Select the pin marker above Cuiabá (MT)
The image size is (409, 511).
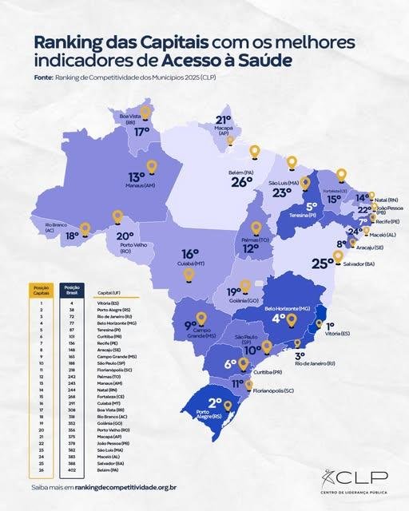click(189, 275)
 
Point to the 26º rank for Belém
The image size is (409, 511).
click(242, 182)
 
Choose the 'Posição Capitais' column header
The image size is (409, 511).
click(42, 290)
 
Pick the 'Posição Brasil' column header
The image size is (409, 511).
click(72, 290)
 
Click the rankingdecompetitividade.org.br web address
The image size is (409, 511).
click(121, 486)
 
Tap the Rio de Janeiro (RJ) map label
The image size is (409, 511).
click(314, 363)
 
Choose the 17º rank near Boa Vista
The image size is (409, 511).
click(142, 132)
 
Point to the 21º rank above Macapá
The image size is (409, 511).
click(224, 121)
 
